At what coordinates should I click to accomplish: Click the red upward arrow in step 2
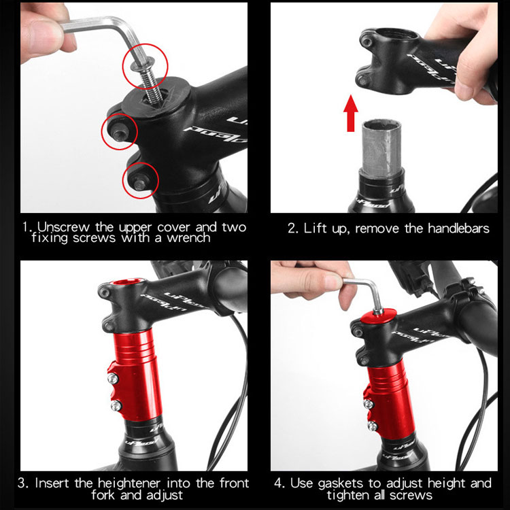351,113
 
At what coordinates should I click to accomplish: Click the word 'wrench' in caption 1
188,238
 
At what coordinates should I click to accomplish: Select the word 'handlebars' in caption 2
458,228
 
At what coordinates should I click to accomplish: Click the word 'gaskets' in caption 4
341,483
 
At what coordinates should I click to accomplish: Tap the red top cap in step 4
379,316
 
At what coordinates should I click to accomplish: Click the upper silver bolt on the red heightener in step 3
113,378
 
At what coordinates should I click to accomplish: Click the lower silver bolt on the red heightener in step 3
116,405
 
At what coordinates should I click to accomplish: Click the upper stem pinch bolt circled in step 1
119,131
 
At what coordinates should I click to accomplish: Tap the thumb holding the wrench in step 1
42,35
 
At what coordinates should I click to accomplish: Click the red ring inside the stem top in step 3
126,282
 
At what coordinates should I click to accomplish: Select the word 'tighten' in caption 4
347,495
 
